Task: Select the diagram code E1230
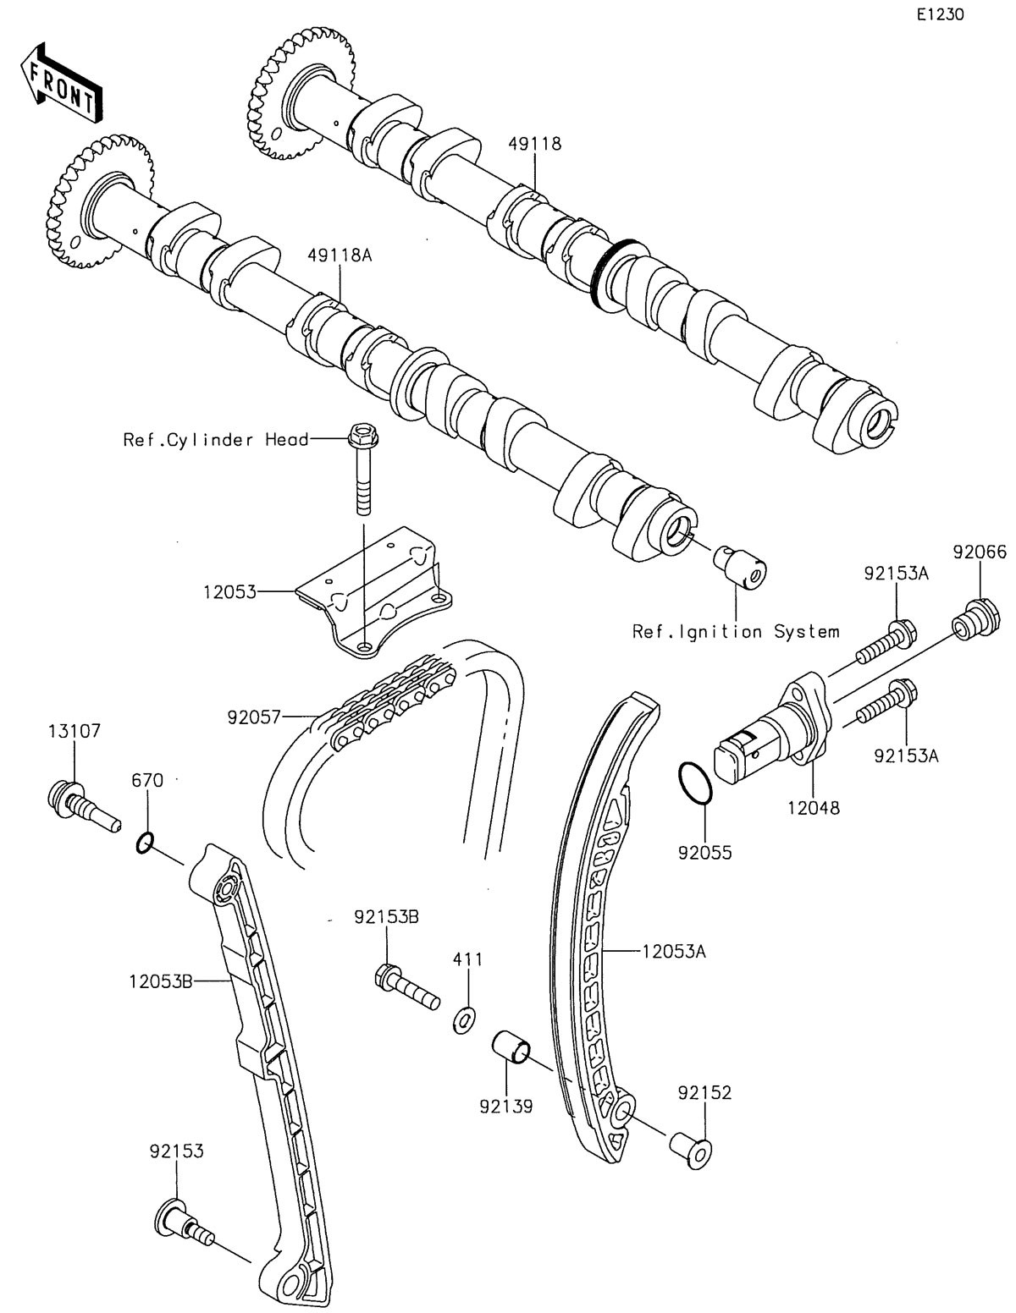pyautogui.click(x=939, y=14)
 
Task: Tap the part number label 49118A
pyautogui.click(x=340, y=255)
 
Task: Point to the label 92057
pyautogui.click(x=254, y=717)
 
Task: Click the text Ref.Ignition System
pyautogui.click(x=736, y=631)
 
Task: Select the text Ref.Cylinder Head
pyautogui.click(x=216, y=439)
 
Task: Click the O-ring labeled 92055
pyautogui.click(x=697, y=783)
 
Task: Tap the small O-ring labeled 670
pyautogui.click(x=145, y=843)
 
